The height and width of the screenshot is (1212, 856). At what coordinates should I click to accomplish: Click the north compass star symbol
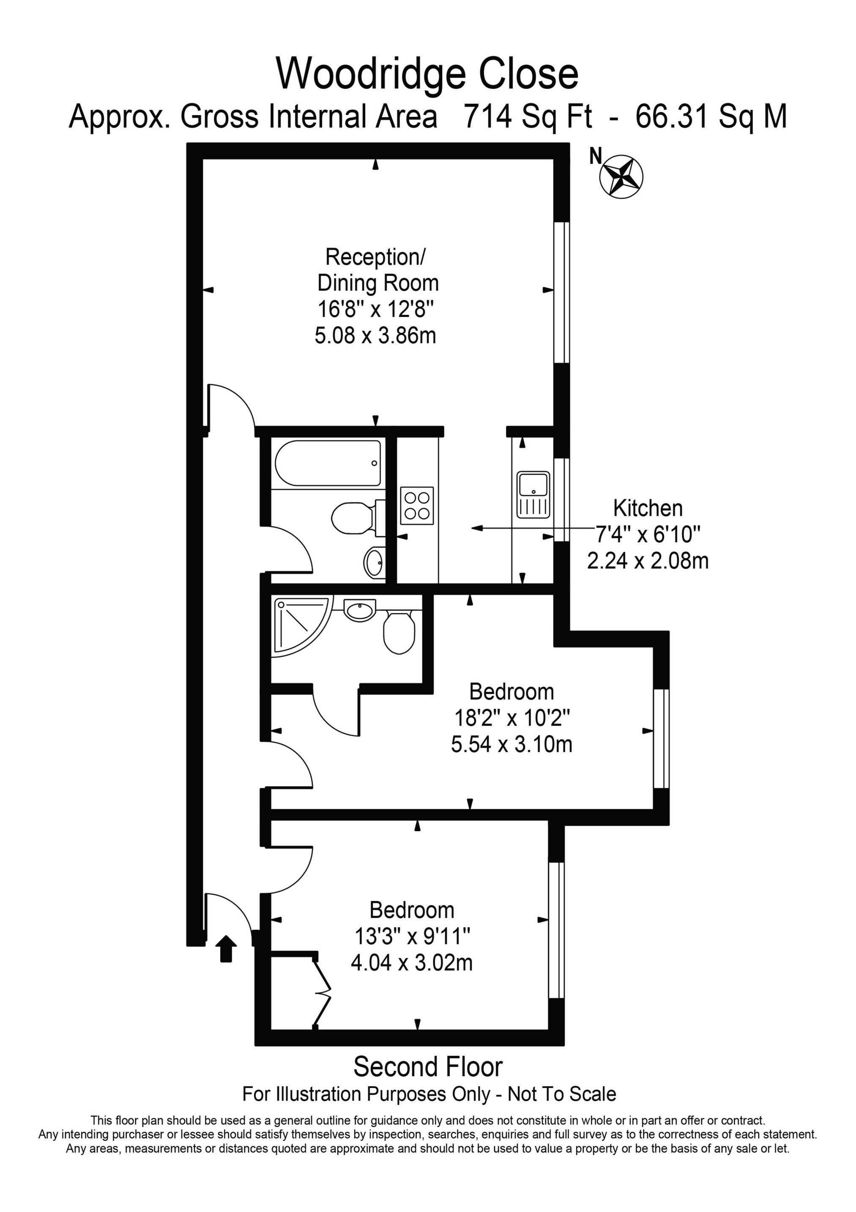[x=622, y=177]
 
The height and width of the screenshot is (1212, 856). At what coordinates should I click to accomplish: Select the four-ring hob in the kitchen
[x=417, y=505]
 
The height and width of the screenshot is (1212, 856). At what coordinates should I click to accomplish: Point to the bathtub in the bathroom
[x=328, y=463]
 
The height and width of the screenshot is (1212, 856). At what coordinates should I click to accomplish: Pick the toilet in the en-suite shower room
[x=399, y=631]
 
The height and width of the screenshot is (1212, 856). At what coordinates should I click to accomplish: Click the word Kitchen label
[x=648, y=508]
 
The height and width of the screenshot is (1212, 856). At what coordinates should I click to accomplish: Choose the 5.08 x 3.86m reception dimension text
[x=375, y=335]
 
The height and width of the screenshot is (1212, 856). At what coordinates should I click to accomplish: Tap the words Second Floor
[x=428, y=1066]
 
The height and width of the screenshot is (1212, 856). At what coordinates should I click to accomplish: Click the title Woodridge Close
[x=428, y=74]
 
